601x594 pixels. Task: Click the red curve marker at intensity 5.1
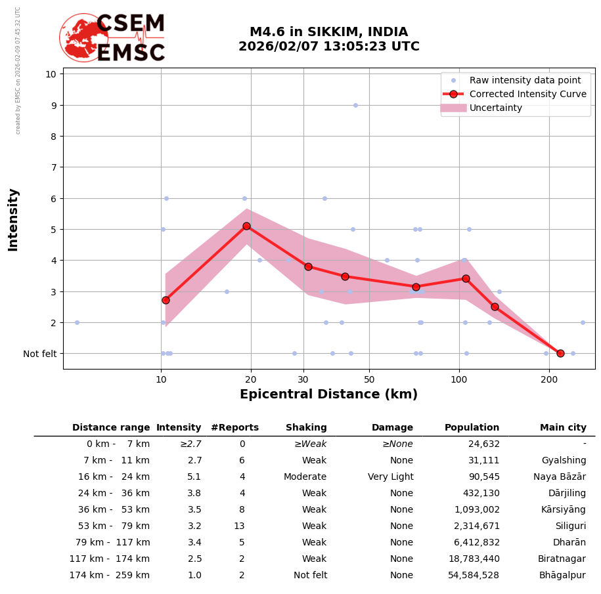(x=246, y=226)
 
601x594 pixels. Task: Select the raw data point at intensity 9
(x=355, y=105)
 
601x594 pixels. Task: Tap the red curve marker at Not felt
(x=560, y=353)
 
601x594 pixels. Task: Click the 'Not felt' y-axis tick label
(x=39, y=354)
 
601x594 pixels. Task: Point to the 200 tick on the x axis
(x=549, y=379)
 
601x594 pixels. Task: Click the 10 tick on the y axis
(x=51, y=74)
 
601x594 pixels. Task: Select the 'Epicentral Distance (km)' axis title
(x=328, y=394)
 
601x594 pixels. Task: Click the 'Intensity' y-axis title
(x=13, y=219)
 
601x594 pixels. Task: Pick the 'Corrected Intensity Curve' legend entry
(x=527, y=94)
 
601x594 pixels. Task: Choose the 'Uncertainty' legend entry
(x=495, y=108)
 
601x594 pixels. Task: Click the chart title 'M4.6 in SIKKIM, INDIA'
(x=328, y=32)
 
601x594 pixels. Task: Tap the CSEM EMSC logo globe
(x=83, y=37)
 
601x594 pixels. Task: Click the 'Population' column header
(x=472, y=428)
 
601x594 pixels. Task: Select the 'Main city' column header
(x=563, y=428)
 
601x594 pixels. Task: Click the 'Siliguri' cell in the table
(x=570, y=526)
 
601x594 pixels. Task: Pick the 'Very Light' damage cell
(x=390, y=477)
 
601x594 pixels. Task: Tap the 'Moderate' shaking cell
(x=305, y=477)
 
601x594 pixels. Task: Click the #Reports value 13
(x=239, y=526)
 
